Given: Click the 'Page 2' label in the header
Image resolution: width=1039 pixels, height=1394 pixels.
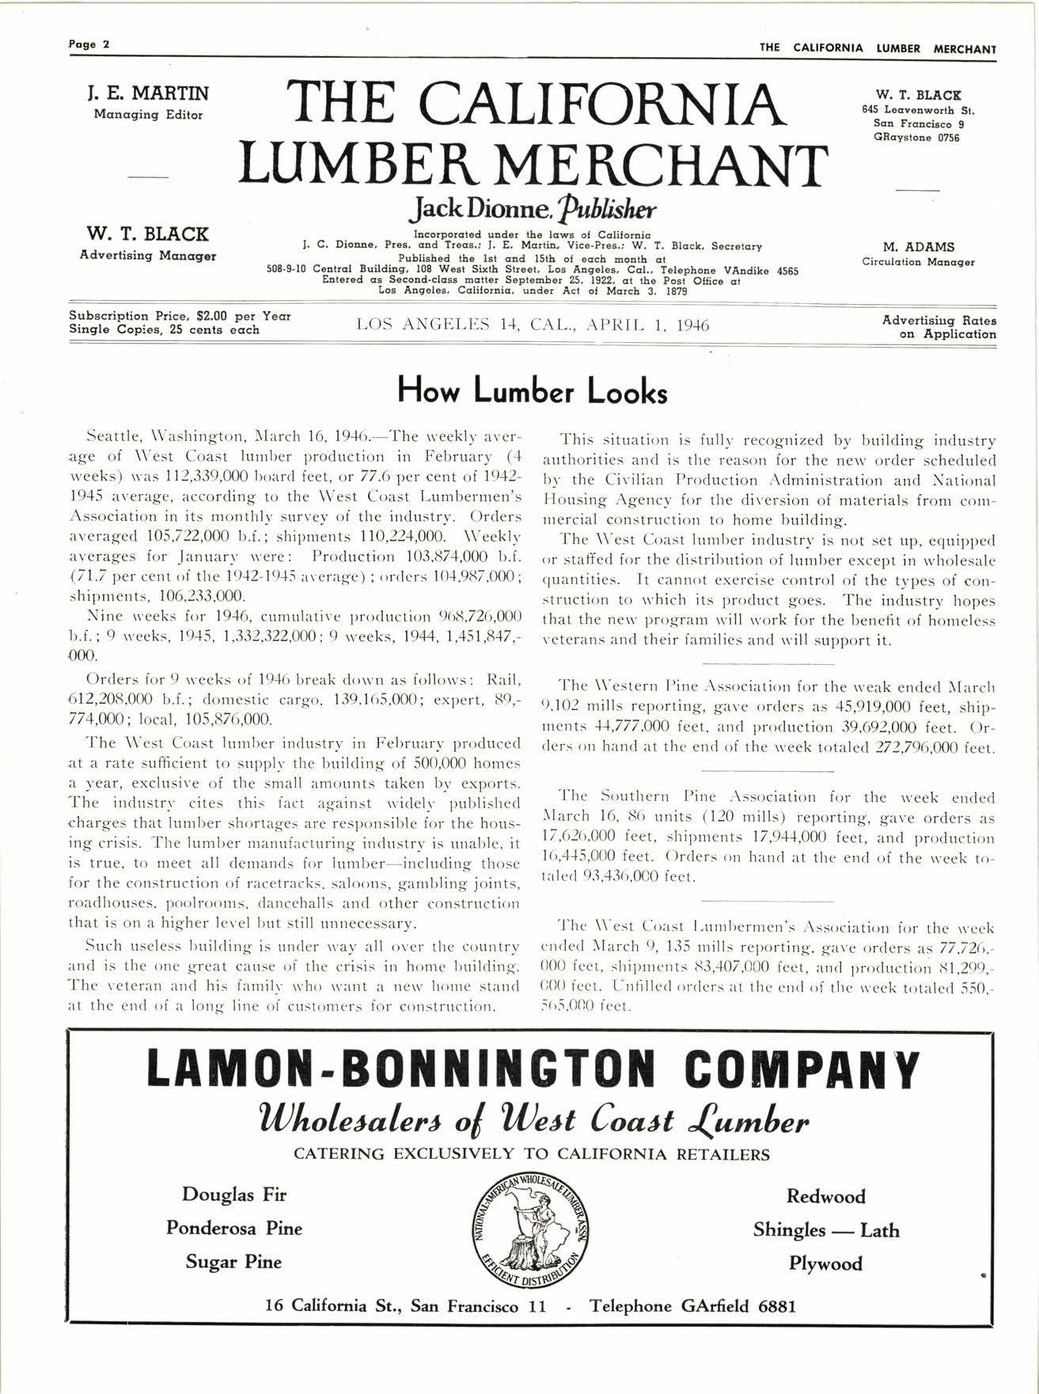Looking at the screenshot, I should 88,44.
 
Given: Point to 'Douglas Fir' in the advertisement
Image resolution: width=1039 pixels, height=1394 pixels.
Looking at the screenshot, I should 234,1194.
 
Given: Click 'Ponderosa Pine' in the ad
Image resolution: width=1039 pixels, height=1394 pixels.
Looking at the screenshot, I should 234,1228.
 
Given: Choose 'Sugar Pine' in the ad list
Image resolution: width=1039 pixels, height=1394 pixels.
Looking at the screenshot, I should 234,1261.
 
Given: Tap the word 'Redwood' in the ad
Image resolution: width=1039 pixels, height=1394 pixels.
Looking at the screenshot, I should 825,1196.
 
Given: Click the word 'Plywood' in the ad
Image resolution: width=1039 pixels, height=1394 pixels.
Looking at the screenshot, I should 825,1263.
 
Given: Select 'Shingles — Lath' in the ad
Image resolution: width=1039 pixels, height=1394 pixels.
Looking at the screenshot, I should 825,1230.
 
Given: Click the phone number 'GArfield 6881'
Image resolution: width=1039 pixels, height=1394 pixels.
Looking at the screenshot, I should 738,1306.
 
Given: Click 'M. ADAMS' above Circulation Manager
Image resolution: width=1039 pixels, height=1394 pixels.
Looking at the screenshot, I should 918,247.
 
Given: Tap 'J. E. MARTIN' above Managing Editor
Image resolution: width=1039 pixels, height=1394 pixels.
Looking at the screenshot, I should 148,93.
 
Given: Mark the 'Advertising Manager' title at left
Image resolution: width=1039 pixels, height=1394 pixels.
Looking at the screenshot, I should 148,256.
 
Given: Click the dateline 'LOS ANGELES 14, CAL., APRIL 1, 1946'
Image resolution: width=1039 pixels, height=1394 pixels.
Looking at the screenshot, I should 533,325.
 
